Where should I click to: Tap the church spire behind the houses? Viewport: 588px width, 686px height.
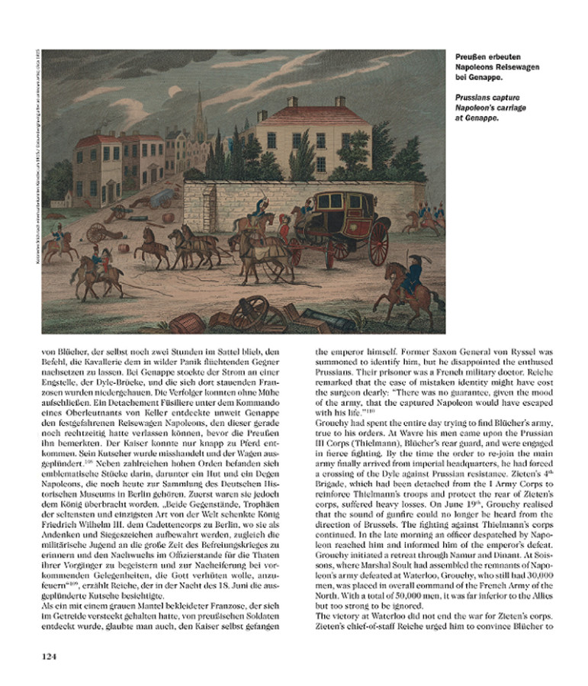tap(200, 107)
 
